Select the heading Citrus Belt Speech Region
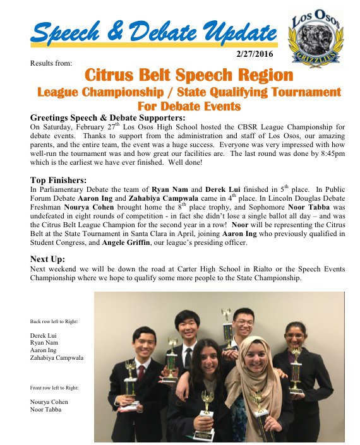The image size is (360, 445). [x=189, y=76]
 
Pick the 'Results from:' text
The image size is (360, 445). [x=51, y=63]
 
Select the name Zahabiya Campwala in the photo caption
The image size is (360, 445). [x=57, y=358]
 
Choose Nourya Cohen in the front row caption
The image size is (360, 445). [x=49, y=401]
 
